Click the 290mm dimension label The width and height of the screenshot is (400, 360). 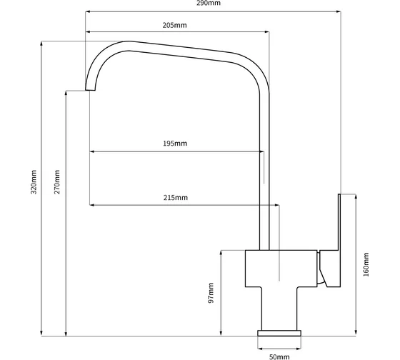pyautogui.click(x=208, y=3)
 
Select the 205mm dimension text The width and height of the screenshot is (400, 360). pyautogui.click(x=174, y=25)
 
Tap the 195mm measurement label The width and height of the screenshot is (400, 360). pyautogui.click(x=175, y=144)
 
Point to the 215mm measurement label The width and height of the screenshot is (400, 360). pyautogui.click(x=176, y=198)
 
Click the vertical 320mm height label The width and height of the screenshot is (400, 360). pyautogui.click(x=34, y=182)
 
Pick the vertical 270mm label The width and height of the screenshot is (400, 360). pyautogui.click(x=57, y=182)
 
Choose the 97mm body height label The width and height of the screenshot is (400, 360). pyautogui.click(x=211, y=293)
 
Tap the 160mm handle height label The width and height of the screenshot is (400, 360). pyautogui.click(x=366, y=264)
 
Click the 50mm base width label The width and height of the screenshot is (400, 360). pyautogui.click(x=279, y=357)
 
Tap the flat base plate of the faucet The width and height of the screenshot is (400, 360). pyautogui.click(x=279, y=333)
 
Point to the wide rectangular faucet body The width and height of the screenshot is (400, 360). pyautogui.click(x=281, y=269)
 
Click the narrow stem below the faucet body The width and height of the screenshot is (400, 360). pyautogui.click(x=279, y=309)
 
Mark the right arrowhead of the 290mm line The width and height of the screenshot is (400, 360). pyautogui.click(x=339, y=11)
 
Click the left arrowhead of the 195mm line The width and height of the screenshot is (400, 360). pyautogui.click(x=92, y=151)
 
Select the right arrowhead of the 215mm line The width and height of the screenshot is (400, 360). pyautogui.click(x=276, y=205)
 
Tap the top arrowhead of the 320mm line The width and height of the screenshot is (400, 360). pyautogui.click(x=41, y=44)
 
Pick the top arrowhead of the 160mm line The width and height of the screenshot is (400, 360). pyautogui.click(x=356, y=196)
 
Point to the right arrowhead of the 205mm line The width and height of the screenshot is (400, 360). pyautogui.click(x=267, y=32)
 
